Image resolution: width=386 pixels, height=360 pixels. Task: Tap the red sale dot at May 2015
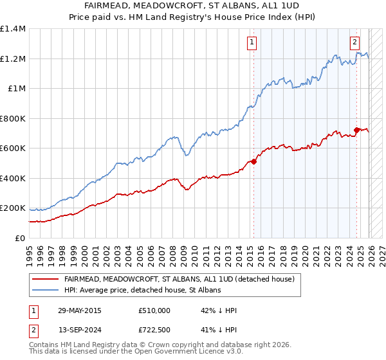pos(253,162)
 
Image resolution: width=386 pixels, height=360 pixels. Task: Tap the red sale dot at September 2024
pos(356,130)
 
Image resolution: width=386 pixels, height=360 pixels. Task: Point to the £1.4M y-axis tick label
pos(13,29)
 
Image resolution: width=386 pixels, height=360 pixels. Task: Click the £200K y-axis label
pos(13,208)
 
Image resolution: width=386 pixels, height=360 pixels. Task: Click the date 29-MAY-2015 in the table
pos(80,310)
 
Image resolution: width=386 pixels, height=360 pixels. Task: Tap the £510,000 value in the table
pos(154,310)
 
